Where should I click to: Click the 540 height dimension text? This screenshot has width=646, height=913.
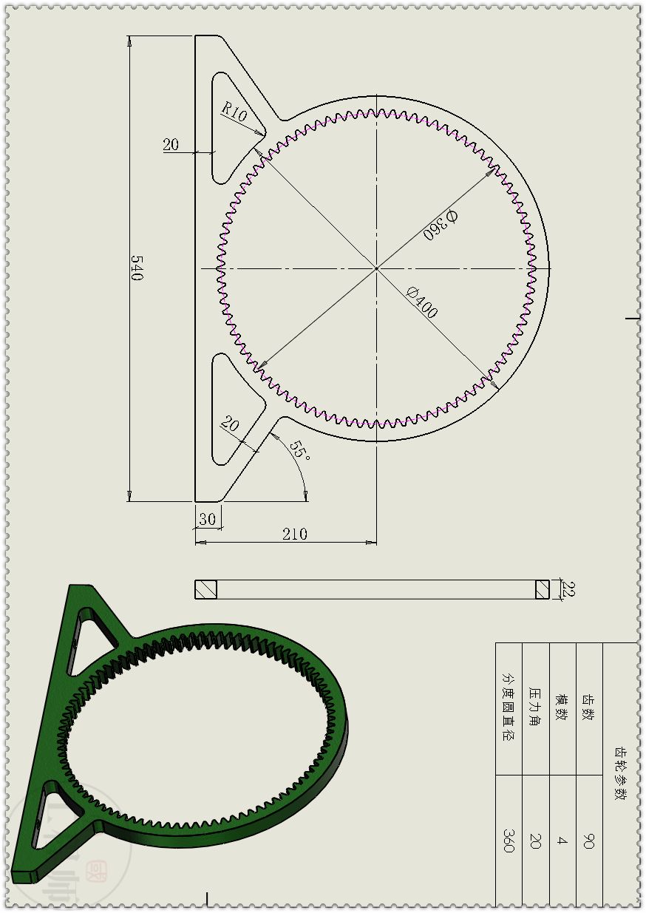point(137,268)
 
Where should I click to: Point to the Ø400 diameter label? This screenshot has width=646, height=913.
point(422,302)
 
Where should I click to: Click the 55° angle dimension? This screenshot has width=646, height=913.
point(299,451)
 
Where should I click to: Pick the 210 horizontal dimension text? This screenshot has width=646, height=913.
point(294,534)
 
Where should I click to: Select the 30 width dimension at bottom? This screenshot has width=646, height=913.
point(208,520)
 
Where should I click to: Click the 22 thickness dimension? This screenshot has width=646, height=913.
point(568,589)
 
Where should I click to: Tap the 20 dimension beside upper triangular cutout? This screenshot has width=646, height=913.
point(171,145)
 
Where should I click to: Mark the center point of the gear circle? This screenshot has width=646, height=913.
point(376,268)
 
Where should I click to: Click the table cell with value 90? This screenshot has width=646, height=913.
point(589,841)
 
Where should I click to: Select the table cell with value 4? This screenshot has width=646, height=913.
point(562,841)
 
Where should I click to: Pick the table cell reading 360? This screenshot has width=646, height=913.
point(509,841)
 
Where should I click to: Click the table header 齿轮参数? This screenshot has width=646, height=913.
point(621,773)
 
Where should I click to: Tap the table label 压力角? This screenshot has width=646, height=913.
point(535,707)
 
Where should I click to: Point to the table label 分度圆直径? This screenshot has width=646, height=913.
point(509,707)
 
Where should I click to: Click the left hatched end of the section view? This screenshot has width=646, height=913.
point(205,589)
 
